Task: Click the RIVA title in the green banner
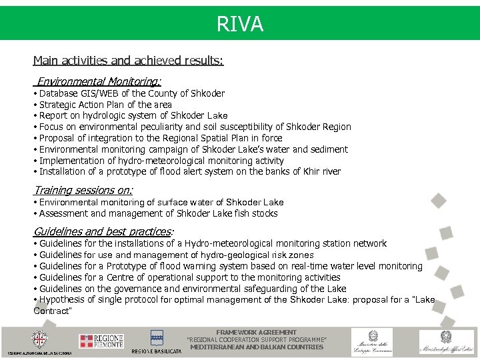[x=240, y=25]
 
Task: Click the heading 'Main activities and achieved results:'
[x=128, y=61]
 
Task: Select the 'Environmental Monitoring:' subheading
[x=99, y=81]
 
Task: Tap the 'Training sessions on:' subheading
[x=83, y=190]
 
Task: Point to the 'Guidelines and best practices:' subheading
[x=103, y=231]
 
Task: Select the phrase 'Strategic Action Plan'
[x=83, y=105]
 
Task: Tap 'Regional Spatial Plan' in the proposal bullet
[x=201, y=138]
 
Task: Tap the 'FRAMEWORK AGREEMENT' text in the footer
[x=257, y=332]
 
